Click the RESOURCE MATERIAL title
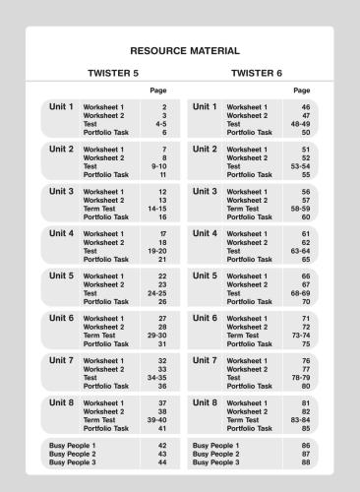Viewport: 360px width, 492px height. point(179,49)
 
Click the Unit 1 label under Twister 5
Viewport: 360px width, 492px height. point(60,105)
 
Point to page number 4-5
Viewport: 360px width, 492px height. point(158,123)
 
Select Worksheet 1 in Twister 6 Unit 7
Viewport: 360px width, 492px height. point(247,360)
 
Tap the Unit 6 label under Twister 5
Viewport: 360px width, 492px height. point(62,318)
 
